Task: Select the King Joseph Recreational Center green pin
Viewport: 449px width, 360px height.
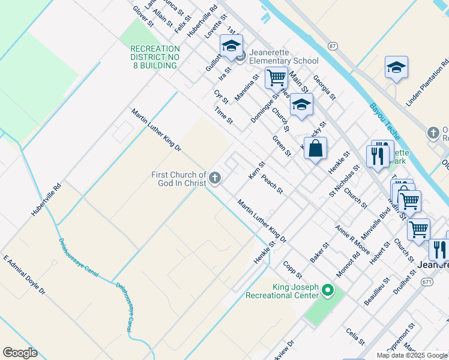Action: pos(327,291)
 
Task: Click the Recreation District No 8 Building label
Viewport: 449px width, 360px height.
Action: pos(155,57)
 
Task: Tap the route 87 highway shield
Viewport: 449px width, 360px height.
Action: pos(333,46)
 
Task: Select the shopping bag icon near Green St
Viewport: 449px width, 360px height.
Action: pos(315,148)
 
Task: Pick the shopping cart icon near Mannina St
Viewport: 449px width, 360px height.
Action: pos(276,77)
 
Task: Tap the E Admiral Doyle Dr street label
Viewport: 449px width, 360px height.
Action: pos(24,275)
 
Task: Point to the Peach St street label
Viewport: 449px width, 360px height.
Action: pos(273,185)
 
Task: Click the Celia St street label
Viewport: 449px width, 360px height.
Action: pos(355,336)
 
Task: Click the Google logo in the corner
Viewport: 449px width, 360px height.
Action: pos(20,353)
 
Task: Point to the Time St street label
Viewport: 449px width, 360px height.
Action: pos(223,116)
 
